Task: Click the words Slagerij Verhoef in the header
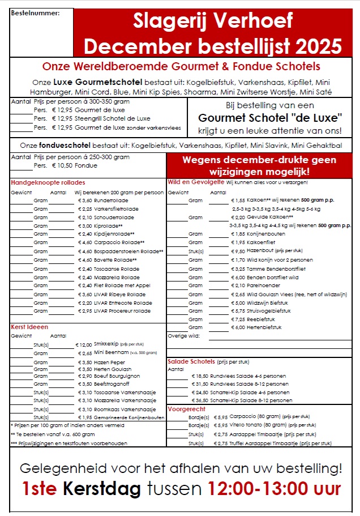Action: pyautogui.click(x=213, y=22)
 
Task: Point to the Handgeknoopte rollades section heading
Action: pyautogui.click(x=48, y=182)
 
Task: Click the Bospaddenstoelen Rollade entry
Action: pyautogui.click(x=128, y=251)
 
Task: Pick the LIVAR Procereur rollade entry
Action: pyautogui.click(x=122, y=310)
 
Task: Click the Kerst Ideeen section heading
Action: pyautogui.click(x=29, y=327)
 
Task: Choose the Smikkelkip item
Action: pyautogui.click(x=106, y=344)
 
